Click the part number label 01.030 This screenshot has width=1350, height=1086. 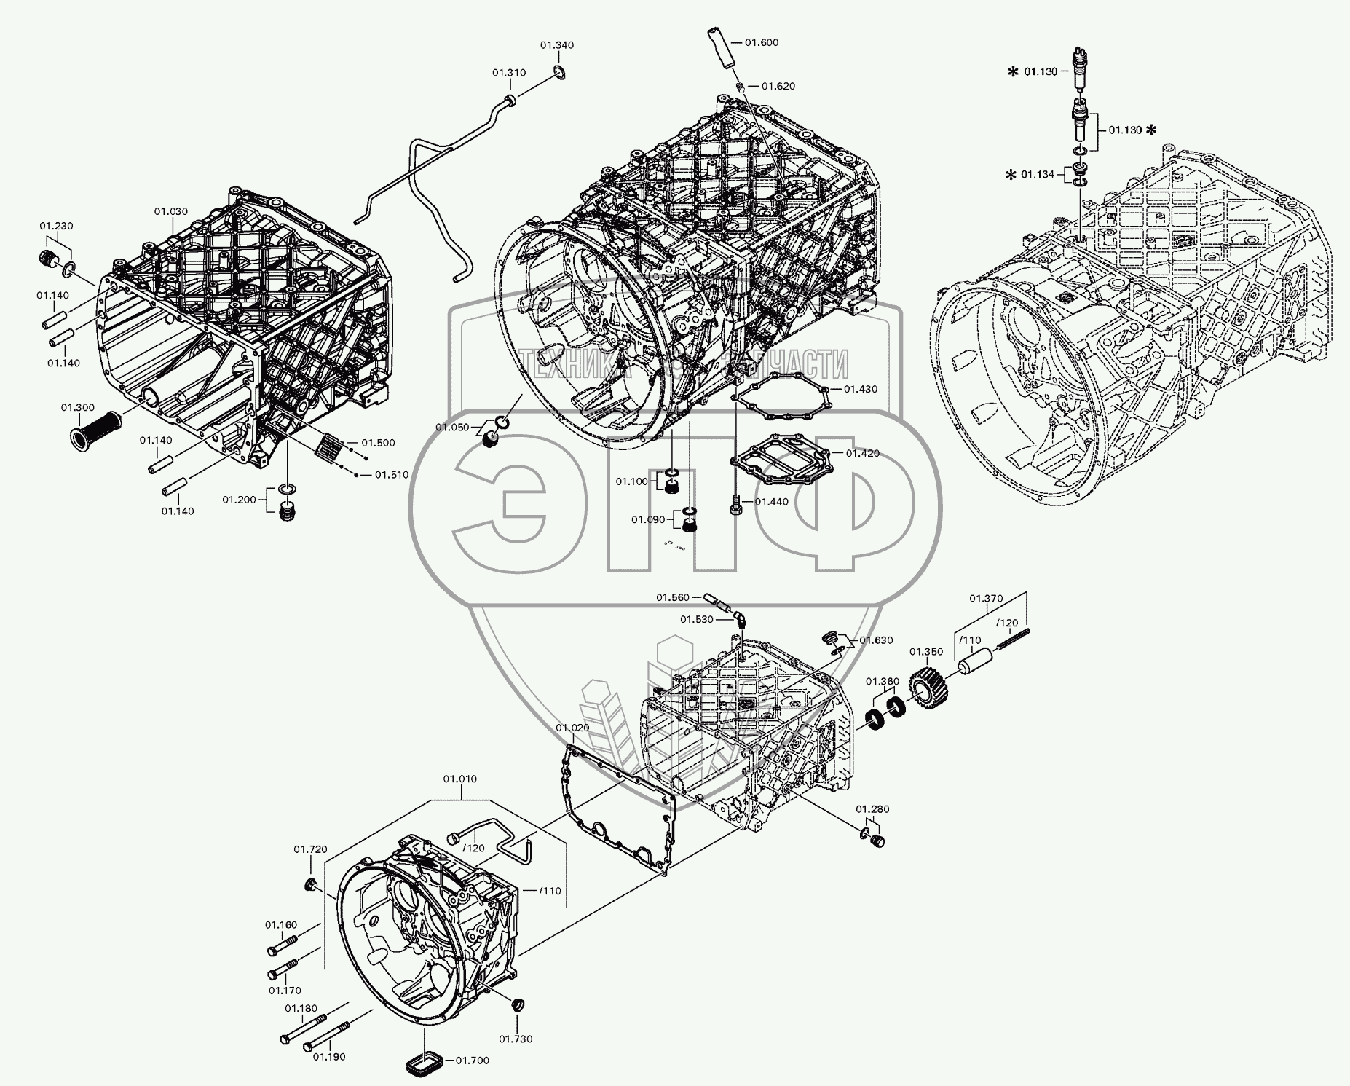pos(170,211)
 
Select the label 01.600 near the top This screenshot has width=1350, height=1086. pos(762,42)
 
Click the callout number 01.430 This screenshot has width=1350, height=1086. pos(861,389)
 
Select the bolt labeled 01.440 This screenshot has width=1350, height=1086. pos(736,503)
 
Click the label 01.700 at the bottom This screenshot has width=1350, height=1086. pos(473,1060)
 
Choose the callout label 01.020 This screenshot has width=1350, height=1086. pos(572,728)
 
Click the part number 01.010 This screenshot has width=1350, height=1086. pos(460,779)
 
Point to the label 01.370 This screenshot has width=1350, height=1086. pos(986,598)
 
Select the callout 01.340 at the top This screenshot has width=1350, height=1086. pos(557,45)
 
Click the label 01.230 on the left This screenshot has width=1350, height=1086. pos(56,226)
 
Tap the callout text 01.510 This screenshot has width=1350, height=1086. pos(392,475)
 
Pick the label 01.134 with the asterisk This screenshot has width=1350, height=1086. pos(1038,174)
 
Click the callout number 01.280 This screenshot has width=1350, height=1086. pos(872,808)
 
